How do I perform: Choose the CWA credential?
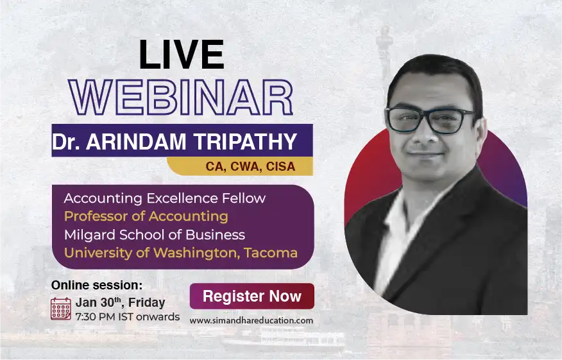click(244, 167)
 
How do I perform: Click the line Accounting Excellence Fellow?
click(164, 198)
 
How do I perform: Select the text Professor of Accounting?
click(146, 216)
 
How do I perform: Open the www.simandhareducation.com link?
click(251, 320)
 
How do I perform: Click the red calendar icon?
click(61, 309)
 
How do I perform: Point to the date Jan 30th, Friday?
click(120, 302)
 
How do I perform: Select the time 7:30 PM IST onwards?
click(127, 316)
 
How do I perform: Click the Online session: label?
click(97, 284)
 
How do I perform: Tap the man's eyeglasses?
click(431, 120)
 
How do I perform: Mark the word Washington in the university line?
click(189, 253)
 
